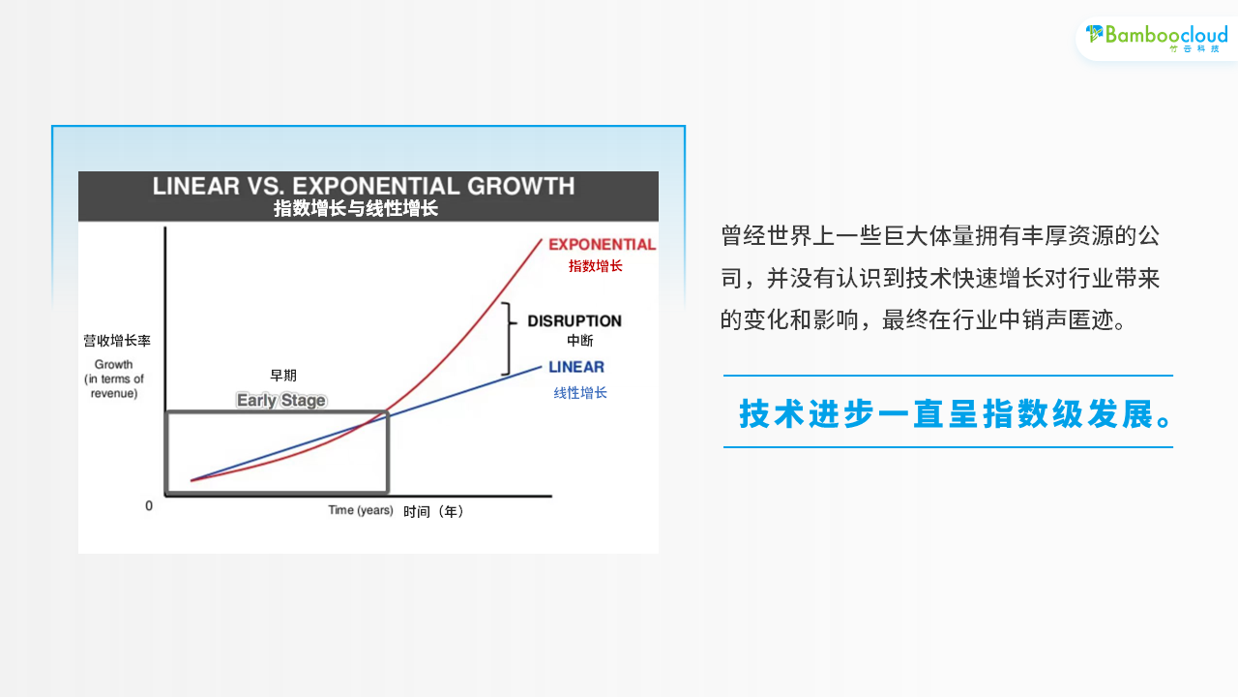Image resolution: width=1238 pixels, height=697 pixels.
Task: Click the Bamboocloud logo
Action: tap(1156, 37)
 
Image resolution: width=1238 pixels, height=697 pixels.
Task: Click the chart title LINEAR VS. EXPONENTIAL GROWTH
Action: tap(364, 186)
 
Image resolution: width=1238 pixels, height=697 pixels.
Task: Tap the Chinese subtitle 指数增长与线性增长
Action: tap(356, 208)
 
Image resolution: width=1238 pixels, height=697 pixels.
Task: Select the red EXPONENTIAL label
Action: tap(602, 245)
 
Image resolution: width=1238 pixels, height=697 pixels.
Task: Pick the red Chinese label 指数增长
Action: tap(595, 266)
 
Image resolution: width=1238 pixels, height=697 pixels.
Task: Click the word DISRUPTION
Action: tap(575, 320)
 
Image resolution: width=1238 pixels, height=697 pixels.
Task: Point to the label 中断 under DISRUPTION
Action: tap(579, 341)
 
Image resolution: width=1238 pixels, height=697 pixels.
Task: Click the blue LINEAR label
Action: tap(575, 367)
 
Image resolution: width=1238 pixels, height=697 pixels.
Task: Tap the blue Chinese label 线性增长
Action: tap(580, 393)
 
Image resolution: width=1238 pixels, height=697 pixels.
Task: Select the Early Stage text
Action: tap(281, 400)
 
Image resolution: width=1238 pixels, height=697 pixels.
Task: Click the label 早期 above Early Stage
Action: tap(283, 376)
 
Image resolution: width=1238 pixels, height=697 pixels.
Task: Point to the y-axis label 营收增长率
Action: tap(117, 341)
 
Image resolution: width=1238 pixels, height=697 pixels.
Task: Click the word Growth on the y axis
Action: tap(113, 365)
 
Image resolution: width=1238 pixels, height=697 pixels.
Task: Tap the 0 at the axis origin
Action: tap(149, 505)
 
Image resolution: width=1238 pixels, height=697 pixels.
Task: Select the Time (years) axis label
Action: tap(361, 510)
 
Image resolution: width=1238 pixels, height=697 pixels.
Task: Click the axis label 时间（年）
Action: tap(433, 512)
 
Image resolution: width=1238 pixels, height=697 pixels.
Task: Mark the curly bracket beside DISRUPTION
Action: tap(509, 339)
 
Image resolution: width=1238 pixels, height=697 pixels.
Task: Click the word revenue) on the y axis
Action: tap(114, 393)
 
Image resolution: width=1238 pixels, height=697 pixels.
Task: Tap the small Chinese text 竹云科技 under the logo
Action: tap(1194, 48)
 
